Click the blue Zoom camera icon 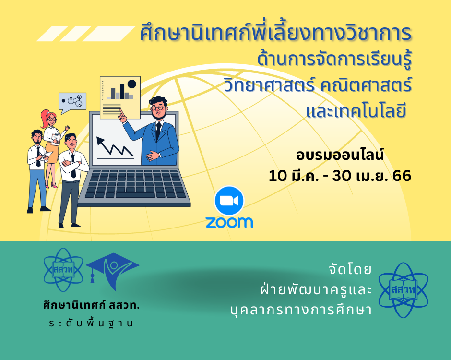(x=229, y=201)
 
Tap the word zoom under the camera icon (x=229, y=222)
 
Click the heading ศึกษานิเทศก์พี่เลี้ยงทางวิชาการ (x=276, y=34)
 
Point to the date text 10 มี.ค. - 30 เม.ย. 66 (x=340, y=176)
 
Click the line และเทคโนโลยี (x=356, y=111)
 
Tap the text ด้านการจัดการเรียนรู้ (x=334, y=60)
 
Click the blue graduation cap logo (x=112, y=270)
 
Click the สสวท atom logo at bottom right (x=404, y=290)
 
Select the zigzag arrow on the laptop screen (x=115, y=147)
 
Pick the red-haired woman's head (x=50, y=118)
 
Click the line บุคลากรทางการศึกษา (x=301, y=310)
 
